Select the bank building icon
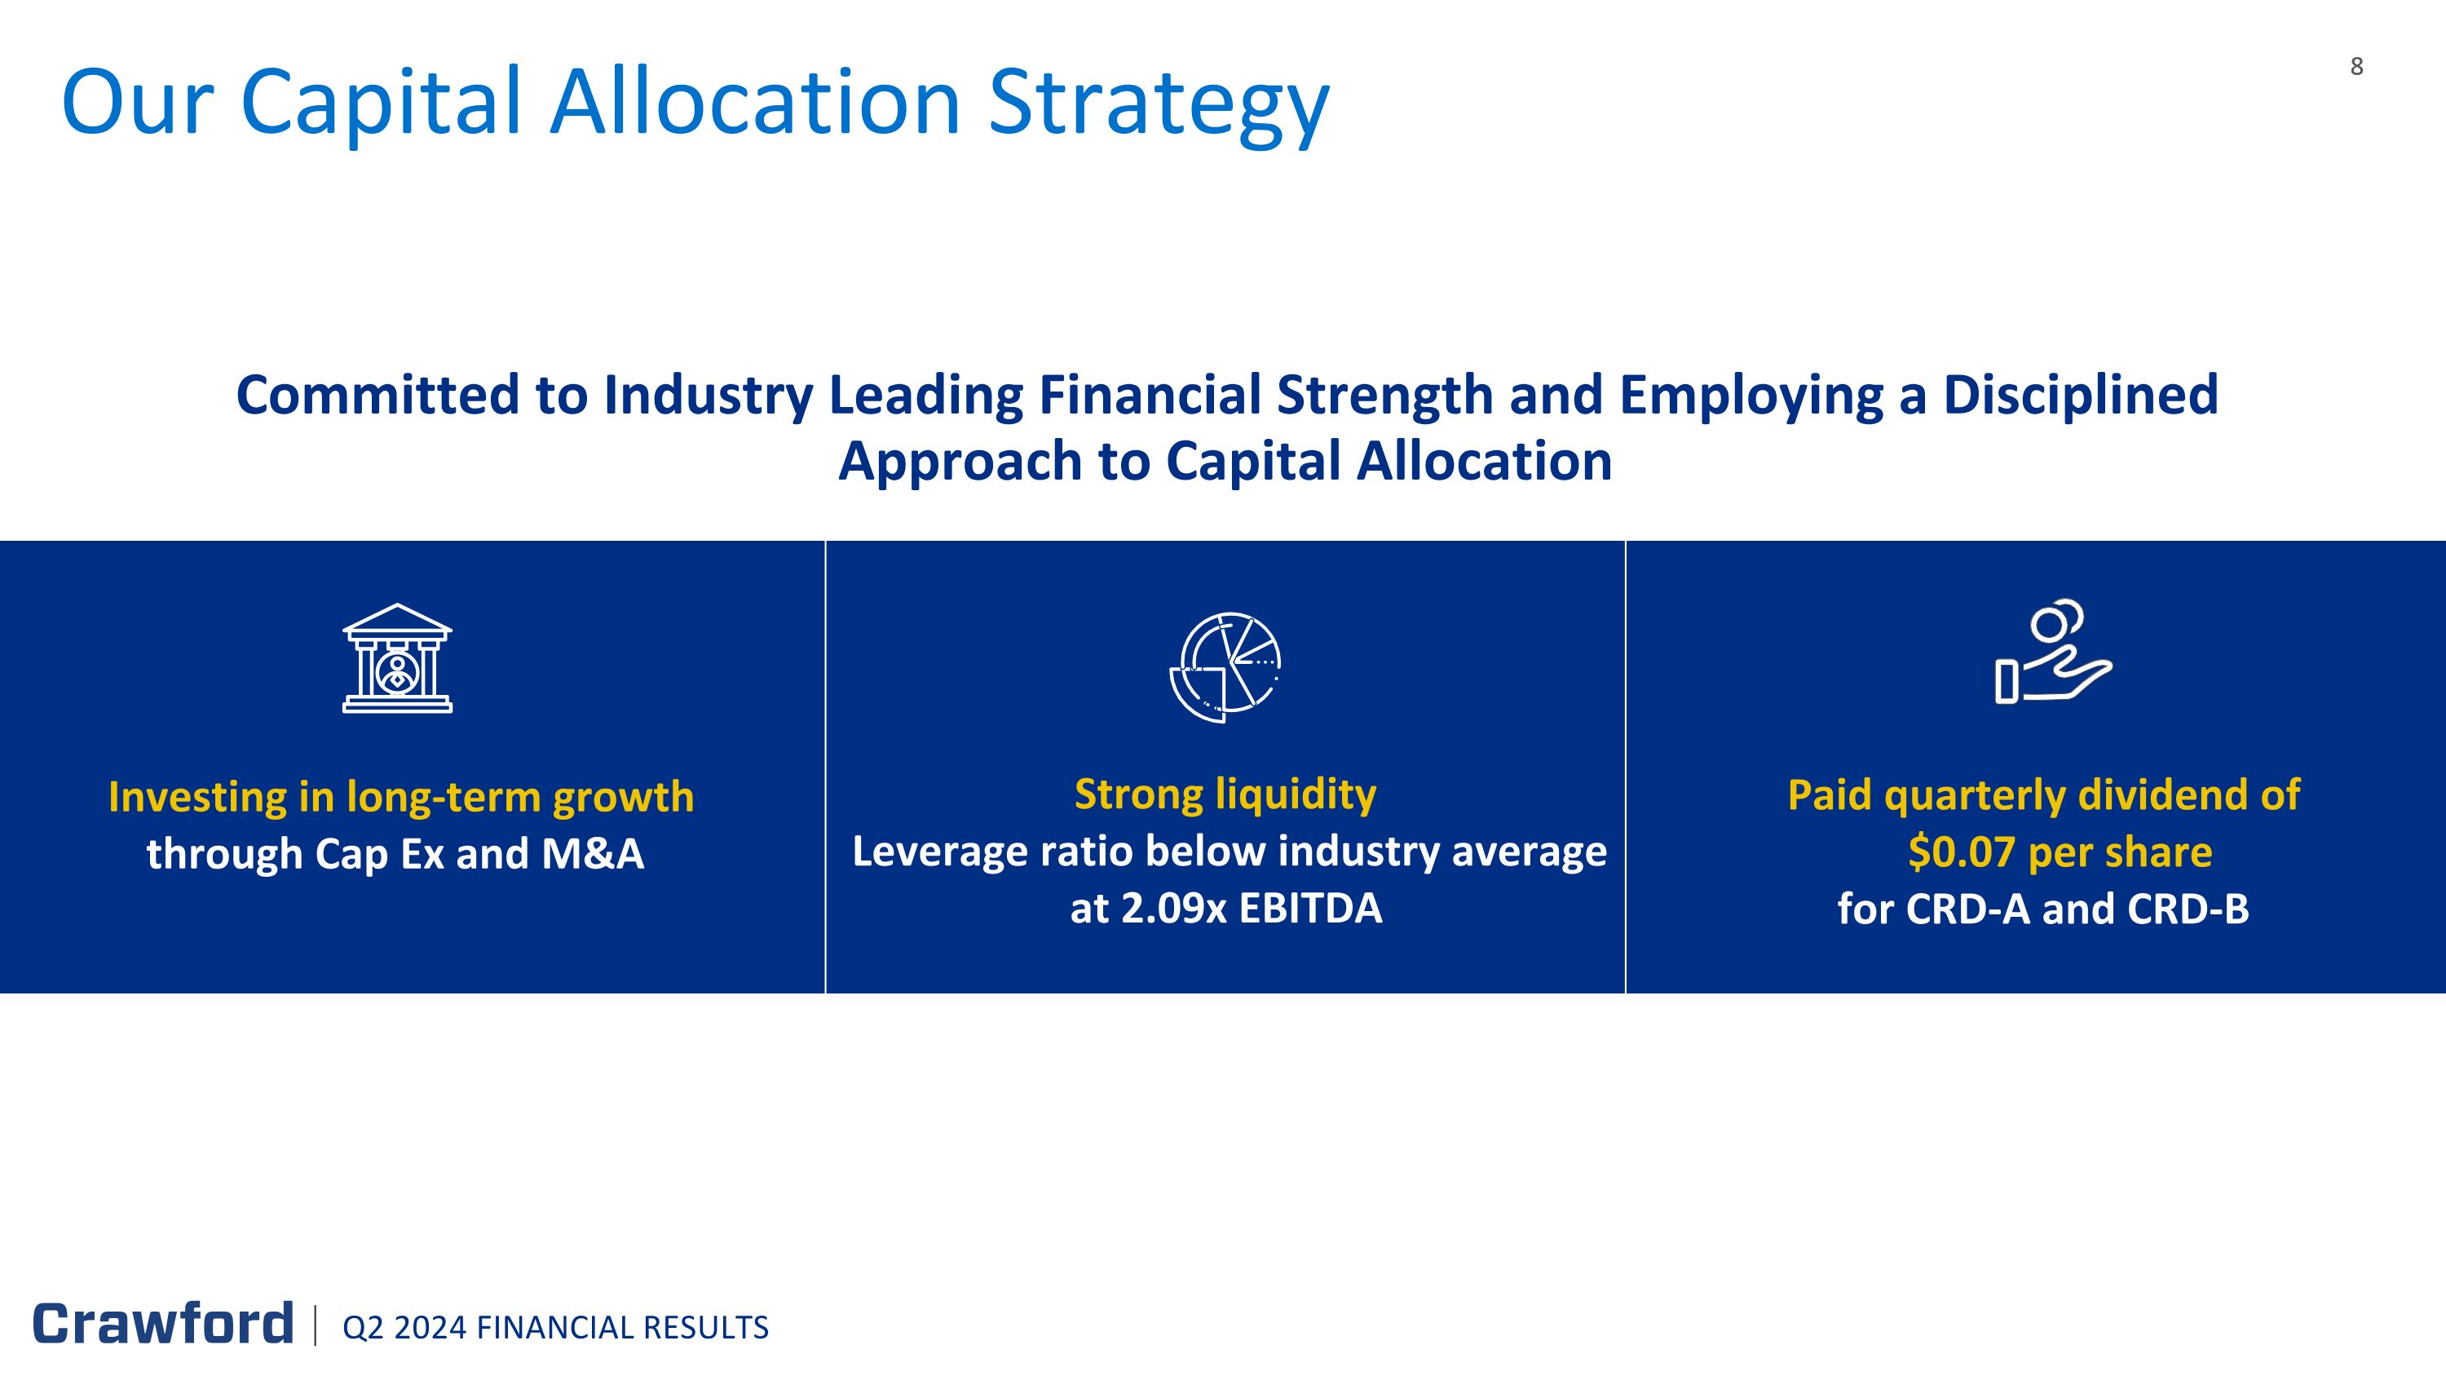397,658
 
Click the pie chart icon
1225,666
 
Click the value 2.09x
1175,908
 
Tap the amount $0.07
1962,852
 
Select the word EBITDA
1310,908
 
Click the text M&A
593,854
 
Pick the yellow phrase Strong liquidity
1225,794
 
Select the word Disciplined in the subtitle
2081,395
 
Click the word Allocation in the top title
755,103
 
